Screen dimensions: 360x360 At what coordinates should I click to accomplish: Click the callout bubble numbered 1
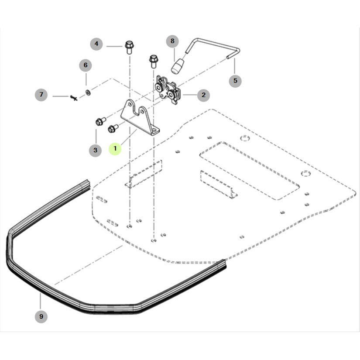(115, 148)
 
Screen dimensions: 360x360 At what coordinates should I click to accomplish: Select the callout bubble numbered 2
(204, 95)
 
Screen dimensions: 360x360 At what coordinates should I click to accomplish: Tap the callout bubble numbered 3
(95, 151)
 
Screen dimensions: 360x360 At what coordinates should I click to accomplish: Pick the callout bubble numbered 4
(96, 44)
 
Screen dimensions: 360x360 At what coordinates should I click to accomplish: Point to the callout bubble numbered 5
(235, 81)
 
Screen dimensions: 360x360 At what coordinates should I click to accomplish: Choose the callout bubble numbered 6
(86, 65)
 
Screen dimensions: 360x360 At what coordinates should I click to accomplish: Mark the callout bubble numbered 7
(41, 95)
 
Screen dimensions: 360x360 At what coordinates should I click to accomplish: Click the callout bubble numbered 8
(172, 41)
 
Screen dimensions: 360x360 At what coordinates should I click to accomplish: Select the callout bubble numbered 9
(41, 317)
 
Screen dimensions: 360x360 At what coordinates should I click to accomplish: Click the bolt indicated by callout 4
(130, 47)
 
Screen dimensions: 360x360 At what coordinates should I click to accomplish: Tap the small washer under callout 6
(88, 93)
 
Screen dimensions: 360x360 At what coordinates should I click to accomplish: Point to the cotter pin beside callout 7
(74, 98)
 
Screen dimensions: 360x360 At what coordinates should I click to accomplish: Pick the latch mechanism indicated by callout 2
(168, 90)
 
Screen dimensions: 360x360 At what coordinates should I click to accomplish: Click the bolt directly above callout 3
(100, 121)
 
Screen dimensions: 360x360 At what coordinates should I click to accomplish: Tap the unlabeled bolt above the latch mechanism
(153, 61)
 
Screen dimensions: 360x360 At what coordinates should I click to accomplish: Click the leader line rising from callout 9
(41, 301)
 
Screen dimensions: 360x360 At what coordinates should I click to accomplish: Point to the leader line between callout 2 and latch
(190, 95)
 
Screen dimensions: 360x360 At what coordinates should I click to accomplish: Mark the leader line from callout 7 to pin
(61, 96)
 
